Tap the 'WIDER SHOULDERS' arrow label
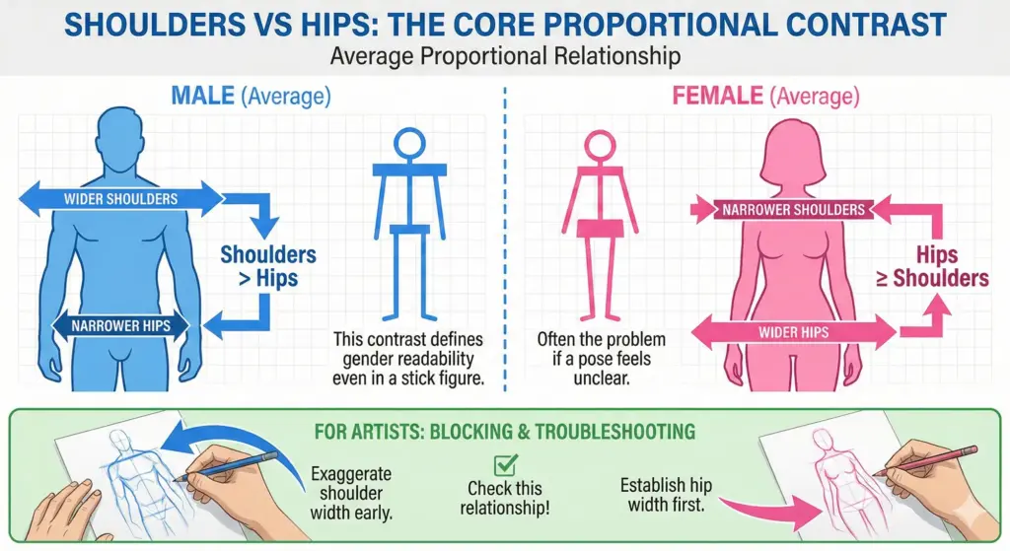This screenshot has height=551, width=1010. coord(120,198)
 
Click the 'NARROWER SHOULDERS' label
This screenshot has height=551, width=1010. coord(793,209)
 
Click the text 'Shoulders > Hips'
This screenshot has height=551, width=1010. coord(267,266)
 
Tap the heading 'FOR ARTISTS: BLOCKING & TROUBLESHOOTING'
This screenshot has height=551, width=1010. coord(504,431)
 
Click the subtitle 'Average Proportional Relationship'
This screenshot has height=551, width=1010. coord(505,55)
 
